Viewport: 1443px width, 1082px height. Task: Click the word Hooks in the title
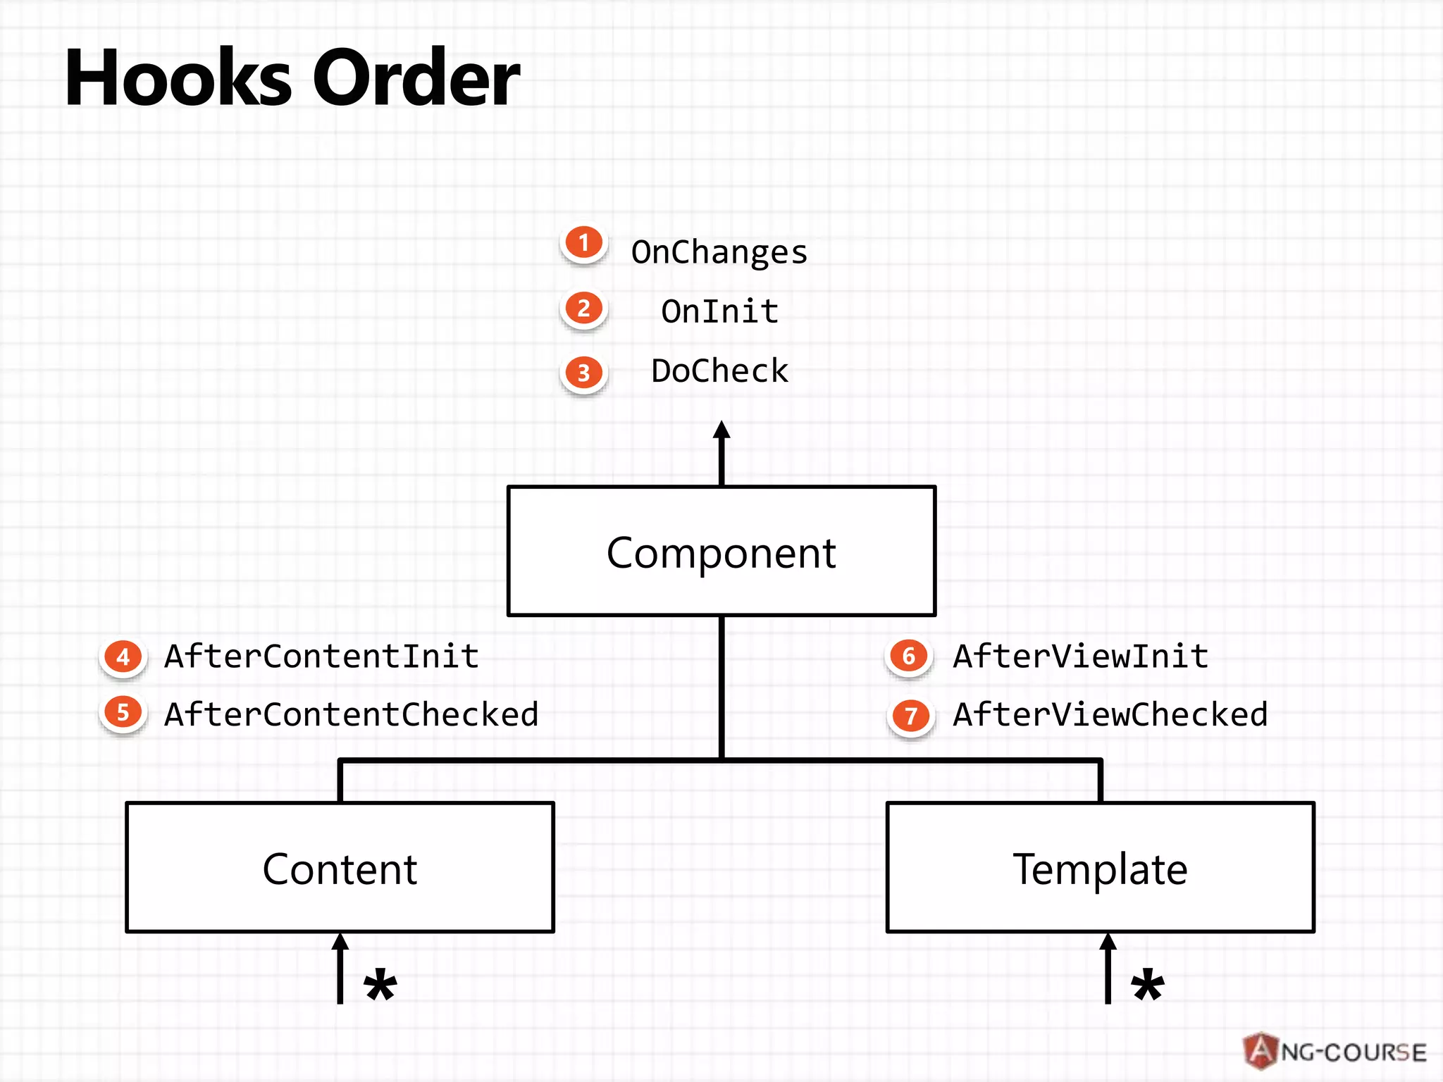(x=178, y=77)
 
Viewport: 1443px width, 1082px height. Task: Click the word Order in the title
(x=416, y=77)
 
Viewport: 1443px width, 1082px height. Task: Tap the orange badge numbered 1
(x=583, y=243)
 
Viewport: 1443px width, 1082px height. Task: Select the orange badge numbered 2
(x=583, y=309)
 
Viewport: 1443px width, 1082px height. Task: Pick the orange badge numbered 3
(x=583, y=373)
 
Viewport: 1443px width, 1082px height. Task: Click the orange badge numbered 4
(x=123, y=657)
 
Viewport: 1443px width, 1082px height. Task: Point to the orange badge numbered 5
(x=123, y=713)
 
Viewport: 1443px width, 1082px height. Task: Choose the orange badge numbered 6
(x=909, y=657)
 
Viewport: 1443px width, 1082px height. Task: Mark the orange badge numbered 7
(x=911, y=716)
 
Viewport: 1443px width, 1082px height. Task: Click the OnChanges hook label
(x=719, y=252)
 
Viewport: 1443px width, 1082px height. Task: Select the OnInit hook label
(x=720, y=311)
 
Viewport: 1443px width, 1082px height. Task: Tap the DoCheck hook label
(x=720, y=371)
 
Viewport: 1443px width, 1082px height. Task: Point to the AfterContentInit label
(x=322, y=656)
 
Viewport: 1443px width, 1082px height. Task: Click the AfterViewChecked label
(x=1110, y=714)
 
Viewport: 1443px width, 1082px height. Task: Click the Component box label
(x=721, y=553)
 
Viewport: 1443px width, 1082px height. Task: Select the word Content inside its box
(x=340, y=869)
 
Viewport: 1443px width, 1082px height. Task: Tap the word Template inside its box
(x=1101, y=870)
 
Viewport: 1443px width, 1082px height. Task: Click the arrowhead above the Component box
(x=721, y=429)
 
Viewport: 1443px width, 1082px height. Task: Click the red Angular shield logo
(x=1261, y=1051)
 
